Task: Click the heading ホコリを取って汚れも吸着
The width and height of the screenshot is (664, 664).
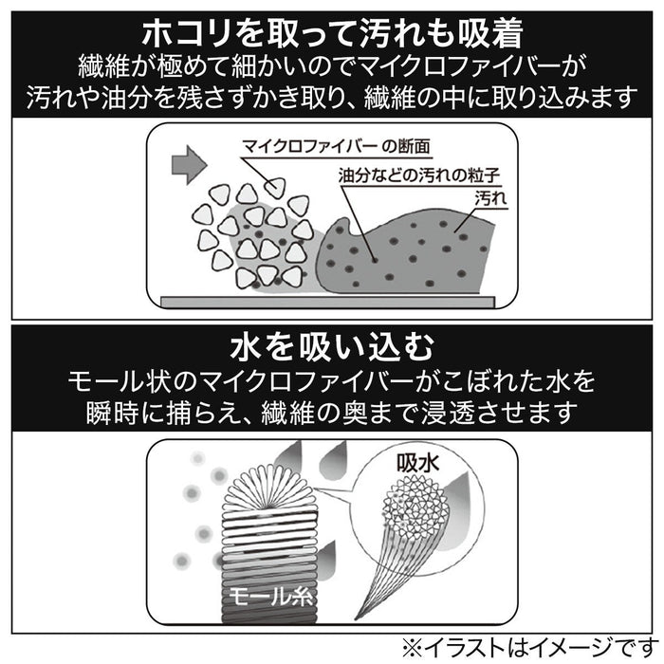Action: [331, 33]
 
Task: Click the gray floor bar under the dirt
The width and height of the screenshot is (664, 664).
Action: [328, 300]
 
